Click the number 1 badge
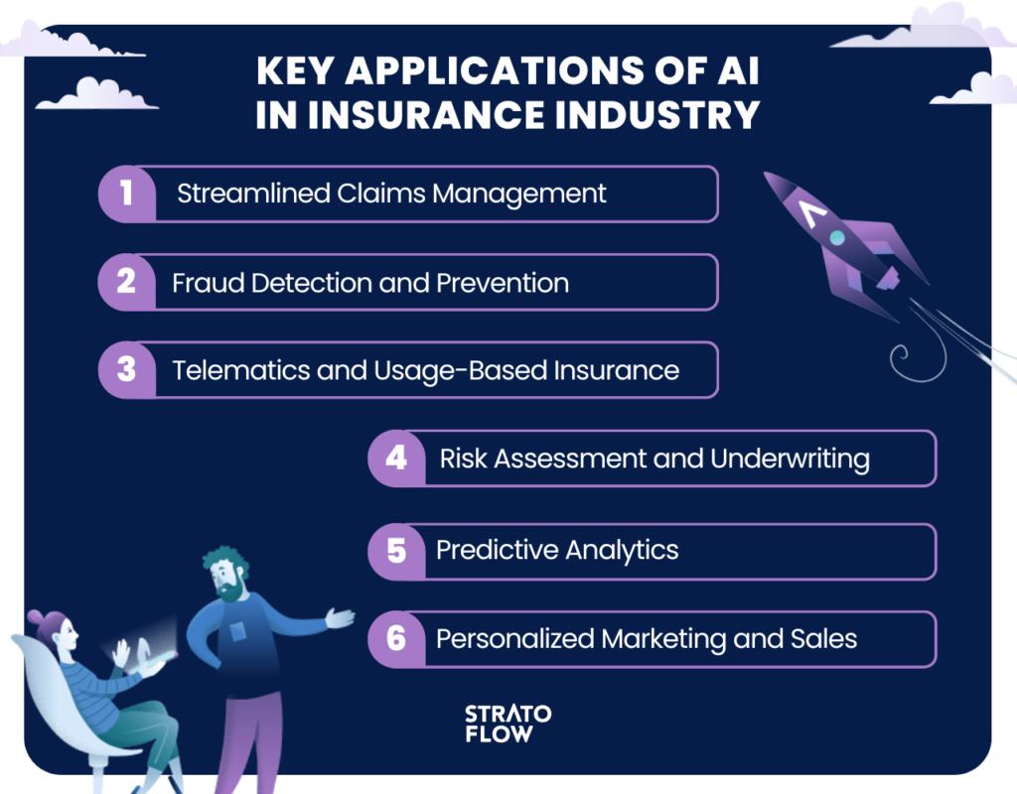127,194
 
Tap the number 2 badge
127,282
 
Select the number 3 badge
127,369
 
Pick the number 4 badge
397,459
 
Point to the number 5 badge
397,551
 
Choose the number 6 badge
397,639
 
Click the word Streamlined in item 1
253,194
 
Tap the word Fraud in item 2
208,283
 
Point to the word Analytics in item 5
622,551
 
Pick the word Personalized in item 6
515,639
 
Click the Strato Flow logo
508,724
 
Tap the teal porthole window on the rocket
837,238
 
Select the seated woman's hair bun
36,616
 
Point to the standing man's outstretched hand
340,617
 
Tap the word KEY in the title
294,70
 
